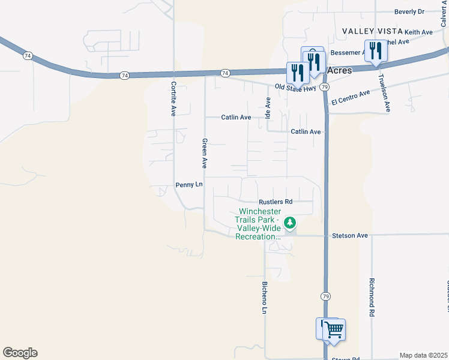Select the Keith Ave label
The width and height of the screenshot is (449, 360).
[x=418, y=32]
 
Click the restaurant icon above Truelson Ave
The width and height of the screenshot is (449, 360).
[x=376, y=50]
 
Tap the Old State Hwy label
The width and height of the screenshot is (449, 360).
[x=295, y=88]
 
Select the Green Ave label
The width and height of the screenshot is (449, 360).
[x=205, y=153]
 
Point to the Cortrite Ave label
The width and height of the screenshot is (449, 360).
[x=173, y=98]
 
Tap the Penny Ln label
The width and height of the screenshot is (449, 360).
[x=189, y=185]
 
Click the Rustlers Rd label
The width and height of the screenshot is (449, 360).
[x=276, y=202]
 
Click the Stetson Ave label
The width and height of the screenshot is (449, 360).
[x=349, y=236]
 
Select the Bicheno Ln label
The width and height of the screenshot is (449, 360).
[x=264, y=298]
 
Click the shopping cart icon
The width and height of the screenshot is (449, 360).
[x=334, y=329]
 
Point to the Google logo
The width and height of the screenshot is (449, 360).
[x=20, y=353]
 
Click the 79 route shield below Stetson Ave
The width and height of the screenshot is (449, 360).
[x=325, y=296]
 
